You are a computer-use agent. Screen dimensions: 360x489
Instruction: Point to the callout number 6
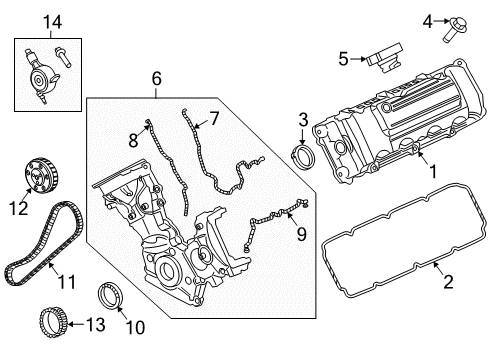[x=155, y=77]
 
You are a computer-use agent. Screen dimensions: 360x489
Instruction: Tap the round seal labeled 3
[x=300, y=157]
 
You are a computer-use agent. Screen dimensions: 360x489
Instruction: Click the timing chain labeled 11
[x=36, y=245]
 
